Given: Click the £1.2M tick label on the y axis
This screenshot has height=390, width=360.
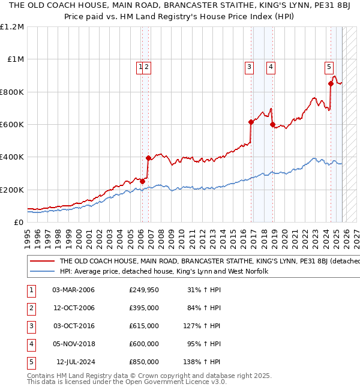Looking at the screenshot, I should pos(12,27).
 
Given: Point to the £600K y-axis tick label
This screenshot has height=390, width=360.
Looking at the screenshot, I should pos(12,125).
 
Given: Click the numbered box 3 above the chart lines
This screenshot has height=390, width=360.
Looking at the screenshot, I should pos(248,67).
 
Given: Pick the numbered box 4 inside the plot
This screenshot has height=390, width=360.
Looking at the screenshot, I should pos(271,67).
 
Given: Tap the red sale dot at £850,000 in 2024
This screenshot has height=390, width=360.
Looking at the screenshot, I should pos(331,84).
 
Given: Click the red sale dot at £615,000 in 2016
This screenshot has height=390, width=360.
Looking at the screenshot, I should pos(251,122).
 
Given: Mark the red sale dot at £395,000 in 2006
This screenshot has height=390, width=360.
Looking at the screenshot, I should pos(148,158).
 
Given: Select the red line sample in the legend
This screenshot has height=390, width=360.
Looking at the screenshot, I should pos(42,262).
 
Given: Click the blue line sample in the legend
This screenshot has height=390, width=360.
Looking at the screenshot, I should pos(42,271).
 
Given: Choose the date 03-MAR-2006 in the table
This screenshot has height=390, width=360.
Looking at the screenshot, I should pos(73,290).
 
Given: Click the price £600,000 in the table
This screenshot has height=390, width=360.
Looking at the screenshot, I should pos(144,344).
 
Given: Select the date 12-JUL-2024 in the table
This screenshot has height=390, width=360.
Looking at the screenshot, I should pos(75,362).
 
